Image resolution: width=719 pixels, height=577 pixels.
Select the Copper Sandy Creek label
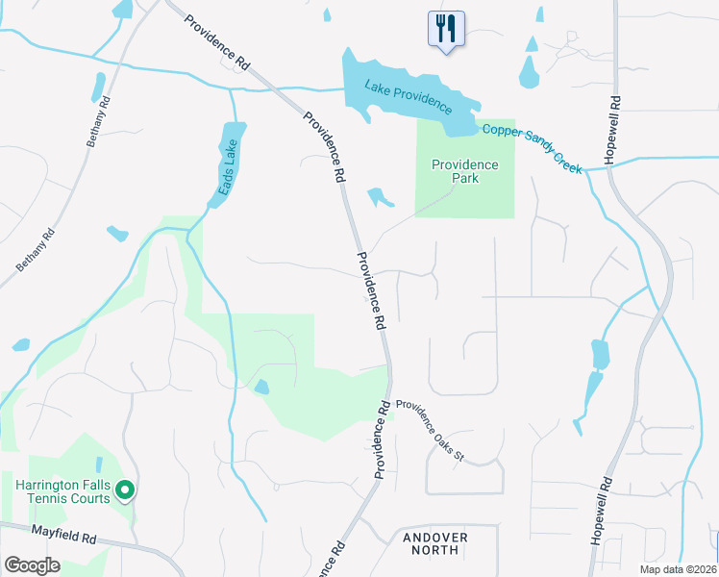pyautogui.click(x=532, y=148)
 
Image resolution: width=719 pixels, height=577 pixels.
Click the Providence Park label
pyautogui.click(x=465, y=171)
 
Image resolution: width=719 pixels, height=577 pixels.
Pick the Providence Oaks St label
pyautogui.click(x=430, y=431)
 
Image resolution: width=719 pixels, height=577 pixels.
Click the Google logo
pyautogui.click(x=32, y=564)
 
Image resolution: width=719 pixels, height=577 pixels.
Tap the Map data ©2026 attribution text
pyautogui.click(x=678, y=569)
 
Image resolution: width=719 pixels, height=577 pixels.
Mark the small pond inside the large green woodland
pyautogui.click(x=261, y=387)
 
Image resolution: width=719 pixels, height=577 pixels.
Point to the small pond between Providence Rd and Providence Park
pyautogui.click(x=380, y=197)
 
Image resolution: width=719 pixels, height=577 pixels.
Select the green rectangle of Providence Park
pyautogui.click(x=465, y=202)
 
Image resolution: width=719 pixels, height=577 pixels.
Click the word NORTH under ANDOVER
pyautogui.click(x=435, y=551)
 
